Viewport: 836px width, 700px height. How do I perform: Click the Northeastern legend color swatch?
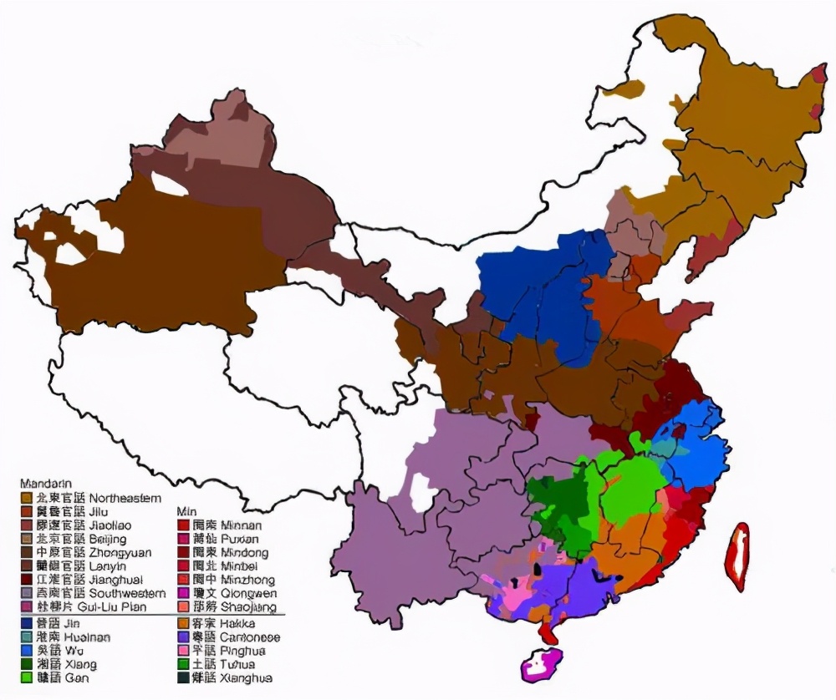click(x=26, y=498)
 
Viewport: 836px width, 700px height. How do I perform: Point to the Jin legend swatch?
click(x=26, y=623)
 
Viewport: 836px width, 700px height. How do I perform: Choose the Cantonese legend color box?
click(x=183, y=637)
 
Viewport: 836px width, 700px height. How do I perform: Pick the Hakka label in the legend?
click(x=238, y=623)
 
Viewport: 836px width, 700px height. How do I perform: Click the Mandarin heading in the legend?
click(x=45, y=484)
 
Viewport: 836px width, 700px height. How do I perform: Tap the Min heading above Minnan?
click(x=186, y=510)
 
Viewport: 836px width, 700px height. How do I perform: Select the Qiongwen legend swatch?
click(x=183, y=593)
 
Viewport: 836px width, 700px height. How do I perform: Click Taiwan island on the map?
click(x=737, y=555)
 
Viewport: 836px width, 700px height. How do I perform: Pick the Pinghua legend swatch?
click(x=183, y=651)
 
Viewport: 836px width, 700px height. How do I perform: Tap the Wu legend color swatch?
click(x=26, y=651)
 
